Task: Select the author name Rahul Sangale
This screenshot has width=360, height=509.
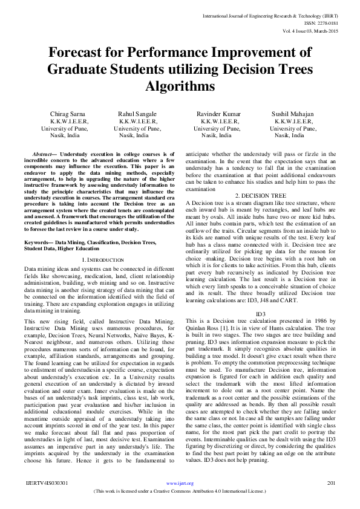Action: (x=137, y=114)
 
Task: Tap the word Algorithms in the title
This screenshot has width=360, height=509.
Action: (x=180, y=86)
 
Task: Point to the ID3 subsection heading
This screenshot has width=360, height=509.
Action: (x=261, y=314)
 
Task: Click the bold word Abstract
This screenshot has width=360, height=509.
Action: (x=45, y=155)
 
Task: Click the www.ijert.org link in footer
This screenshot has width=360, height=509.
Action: (x=180, y=483)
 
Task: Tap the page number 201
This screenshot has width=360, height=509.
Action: (x=331, y=483)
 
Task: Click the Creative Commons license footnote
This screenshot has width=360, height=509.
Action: (x=180, y=491)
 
